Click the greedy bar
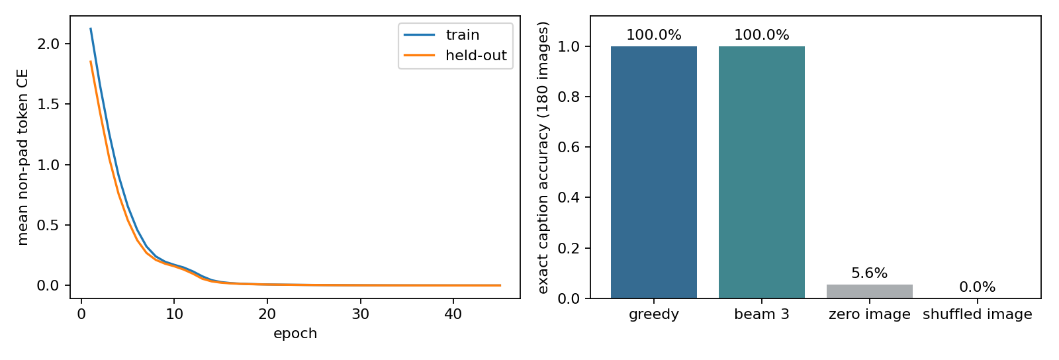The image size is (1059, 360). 653,172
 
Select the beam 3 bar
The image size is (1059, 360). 762,172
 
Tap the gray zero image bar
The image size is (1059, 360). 870,291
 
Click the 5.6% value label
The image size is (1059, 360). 870,273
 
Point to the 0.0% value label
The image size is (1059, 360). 977,287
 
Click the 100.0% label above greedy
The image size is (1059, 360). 653,34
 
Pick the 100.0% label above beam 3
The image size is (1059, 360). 762,34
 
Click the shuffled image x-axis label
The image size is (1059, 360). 977,314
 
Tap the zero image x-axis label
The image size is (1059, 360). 870,314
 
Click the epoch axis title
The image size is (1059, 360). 295,334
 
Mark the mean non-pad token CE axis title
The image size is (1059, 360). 23,157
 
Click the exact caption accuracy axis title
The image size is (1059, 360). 543,157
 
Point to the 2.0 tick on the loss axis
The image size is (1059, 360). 48,44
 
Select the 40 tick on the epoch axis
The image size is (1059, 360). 453,314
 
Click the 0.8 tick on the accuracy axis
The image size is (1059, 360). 569,97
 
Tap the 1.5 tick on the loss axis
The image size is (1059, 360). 48,105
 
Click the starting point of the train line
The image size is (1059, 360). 90,28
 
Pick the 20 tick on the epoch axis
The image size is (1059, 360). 267,314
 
